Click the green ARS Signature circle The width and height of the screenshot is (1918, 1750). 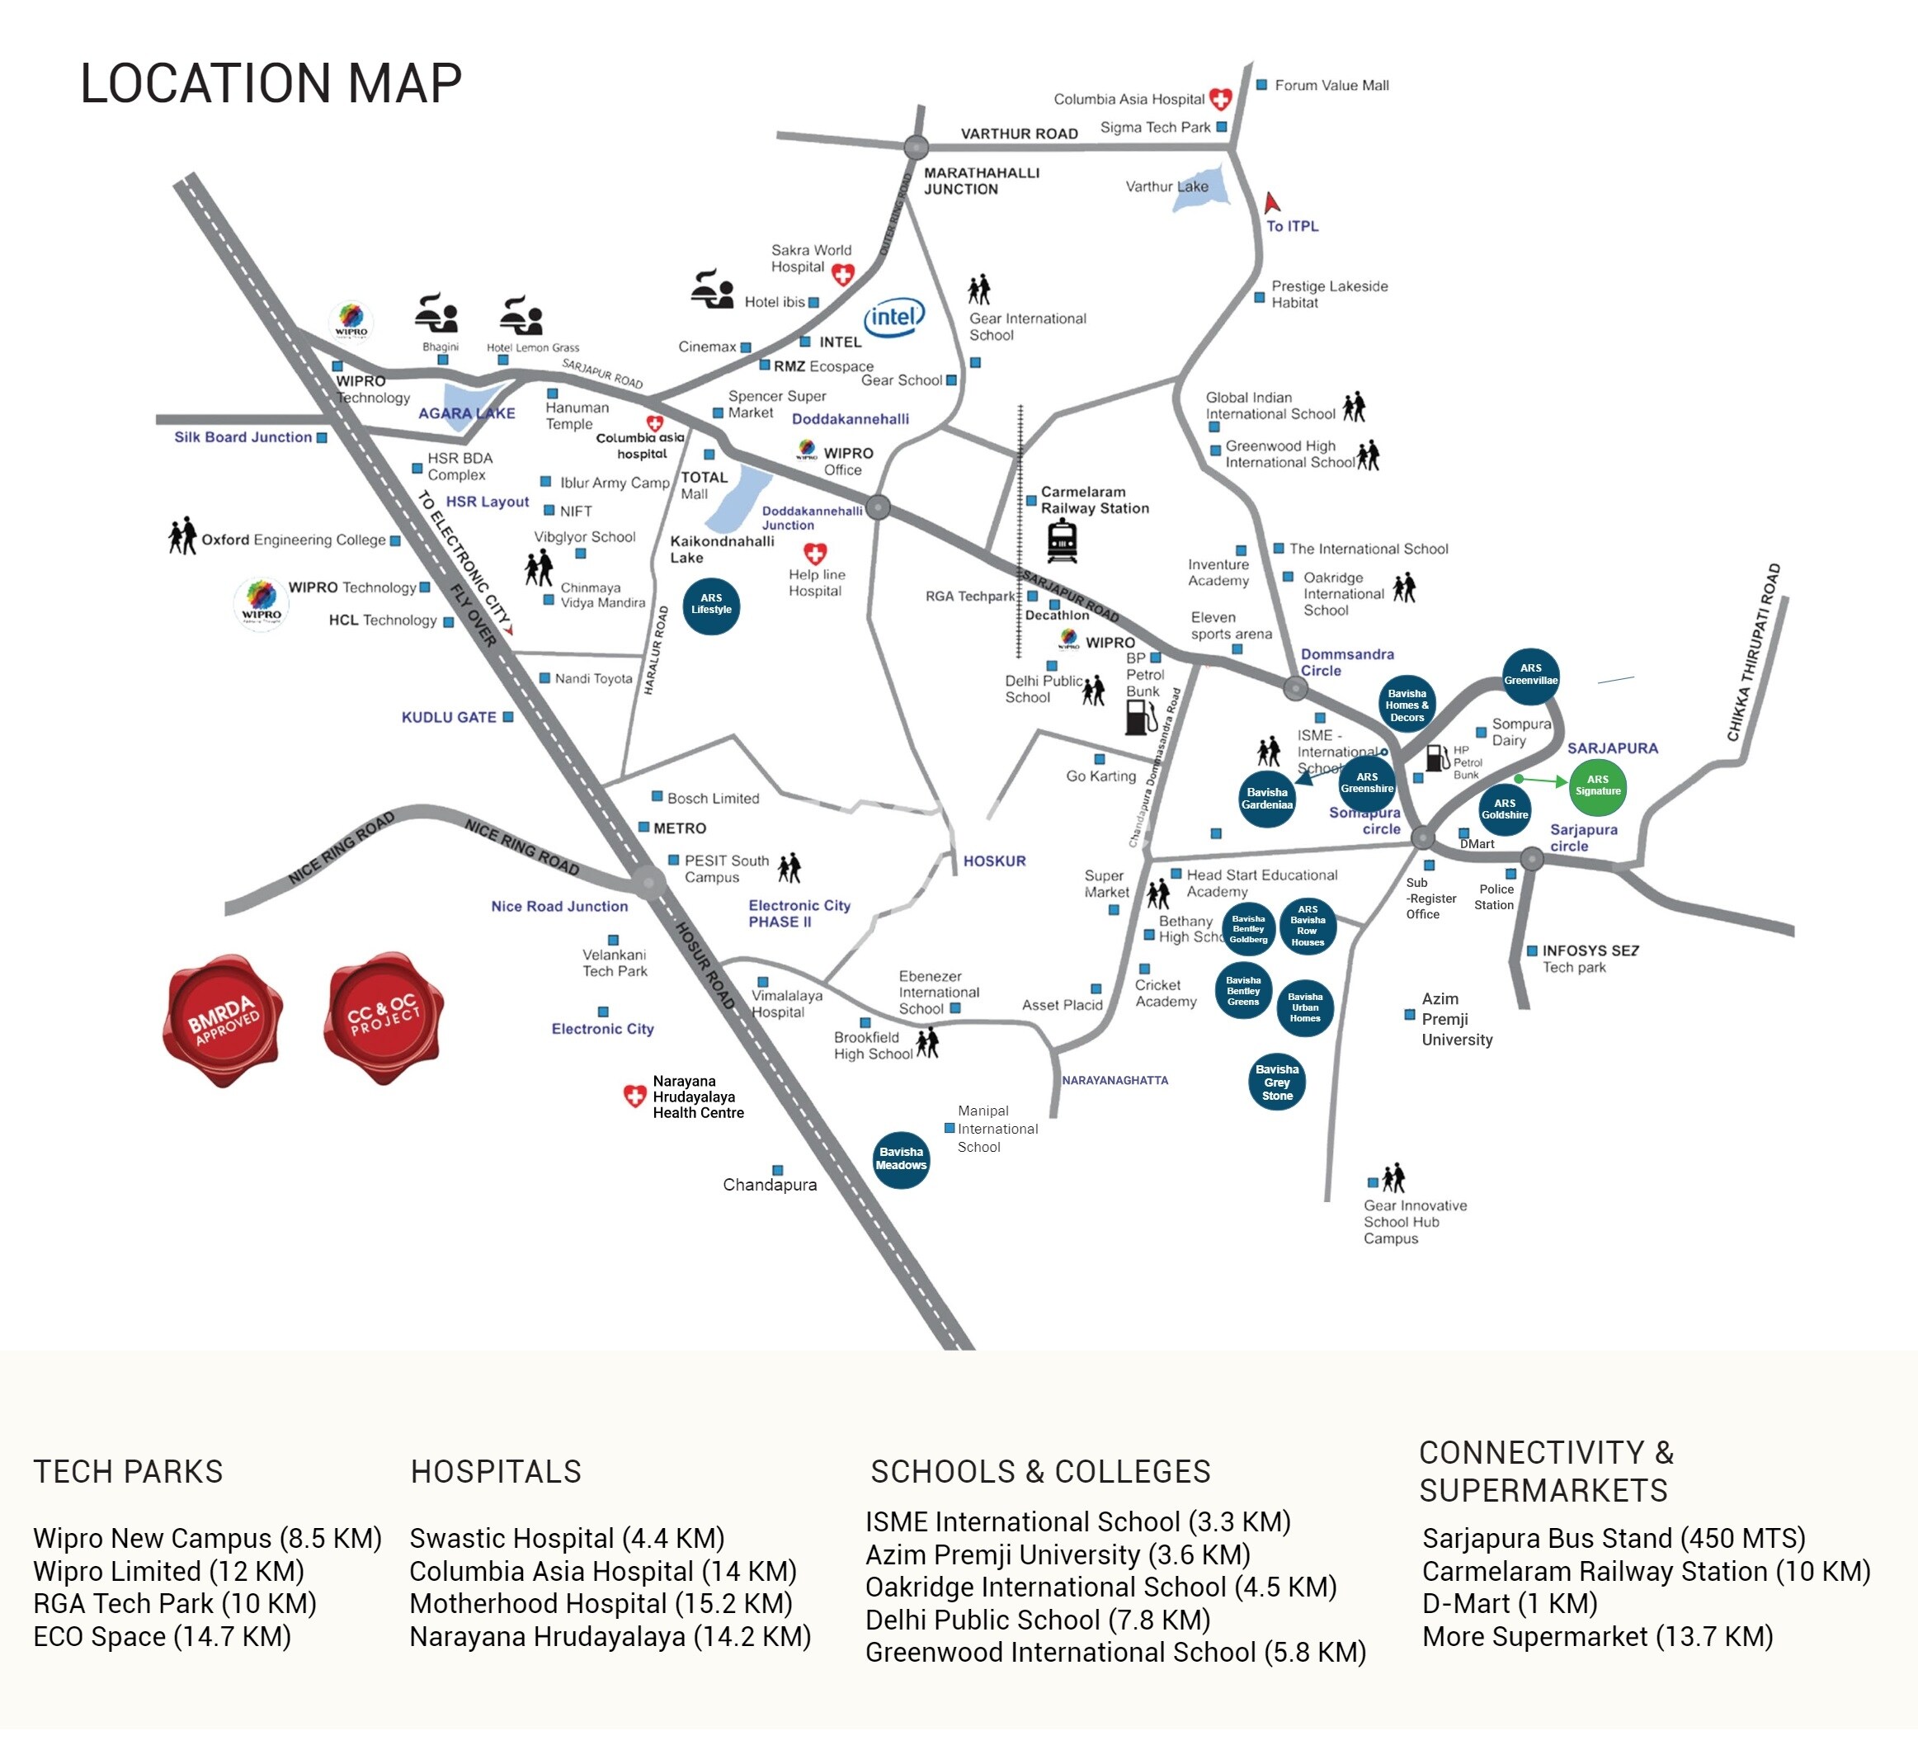pyautogui.click(x=1597, y=787)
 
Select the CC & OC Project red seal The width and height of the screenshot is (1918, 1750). pyautogui.click(x=384, y=1017)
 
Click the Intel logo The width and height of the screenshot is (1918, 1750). pyautogui.click(x=893, y=317)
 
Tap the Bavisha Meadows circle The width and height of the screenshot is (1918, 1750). pyautogui.click(x=901, y=1159)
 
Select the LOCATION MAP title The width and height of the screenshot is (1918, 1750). pyautogui.click(x=271, y=83)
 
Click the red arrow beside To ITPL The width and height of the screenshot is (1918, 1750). pyautogui.click(x=1271, y=203)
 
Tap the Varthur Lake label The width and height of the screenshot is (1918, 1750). pyautogui.click(x=1166, y=186)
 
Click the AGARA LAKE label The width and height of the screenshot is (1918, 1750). pyautogui.click(x=466, y=413)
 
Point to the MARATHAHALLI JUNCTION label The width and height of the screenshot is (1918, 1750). pyautogui.click(x=981, y=181)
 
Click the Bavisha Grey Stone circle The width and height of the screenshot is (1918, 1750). pyautogui.click(x=1277, y=1082)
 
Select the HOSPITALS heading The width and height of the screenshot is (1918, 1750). pyautogui.click(x=496, y=1472)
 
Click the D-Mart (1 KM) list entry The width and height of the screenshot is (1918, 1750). pyautogui.click(x=1509, y=1603)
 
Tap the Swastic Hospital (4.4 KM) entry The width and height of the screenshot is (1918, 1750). pyautogui.click(x=567, y=1538)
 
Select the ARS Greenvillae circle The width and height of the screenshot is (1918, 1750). pyautogui.click(x=1529, y=675)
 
